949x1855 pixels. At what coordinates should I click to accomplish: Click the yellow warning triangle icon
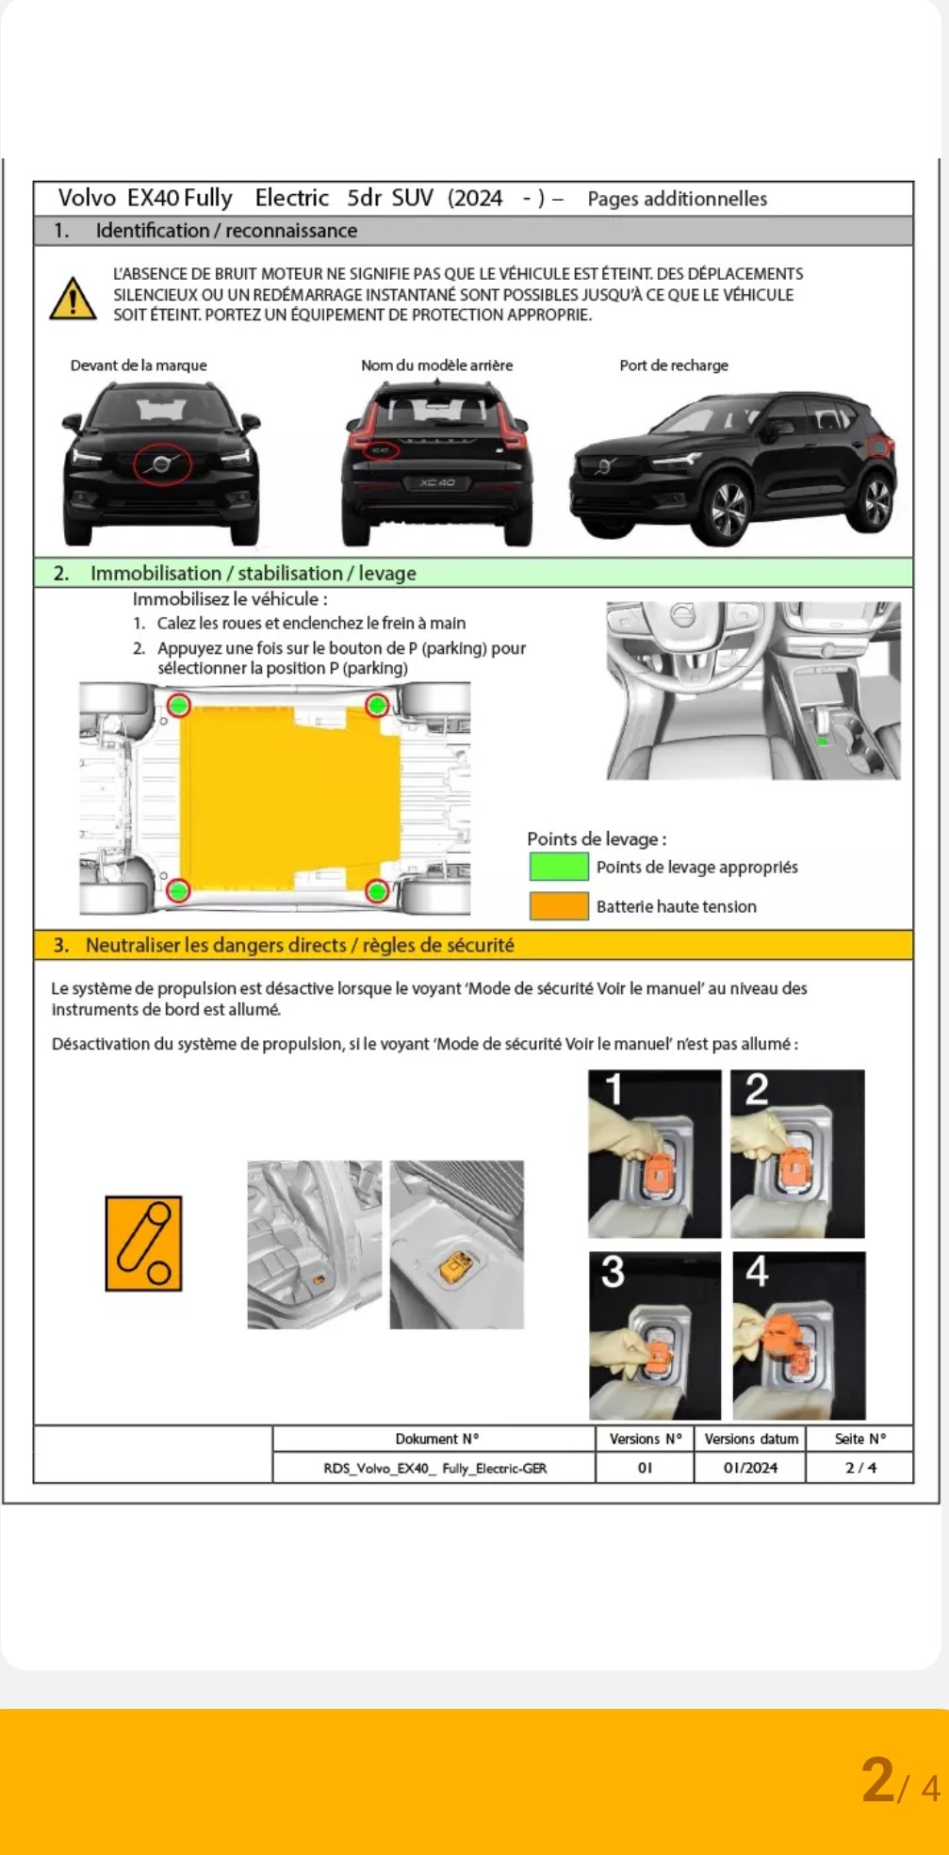(x=73, y=299)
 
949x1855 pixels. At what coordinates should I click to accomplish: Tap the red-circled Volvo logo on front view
(x=162, y=464)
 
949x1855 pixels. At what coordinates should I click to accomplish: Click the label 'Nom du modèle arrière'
(x=437, y=366)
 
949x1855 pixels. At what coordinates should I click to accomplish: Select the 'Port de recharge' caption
(x=674, y=366)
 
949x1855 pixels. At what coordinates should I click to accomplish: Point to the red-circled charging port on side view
(x=879, y=447)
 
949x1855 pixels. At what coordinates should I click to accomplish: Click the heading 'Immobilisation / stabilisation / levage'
(x=254, y=573)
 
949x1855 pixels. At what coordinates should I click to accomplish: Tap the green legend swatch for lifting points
(x=559, y=867)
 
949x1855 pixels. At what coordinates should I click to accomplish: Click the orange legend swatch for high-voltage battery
(x=559, y=906)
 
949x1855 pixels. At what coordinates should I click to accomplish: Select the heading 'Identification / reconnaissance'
(x=226, y=231)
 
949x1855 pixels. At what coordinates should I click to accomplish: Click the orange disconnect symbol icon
(x=143, y=1244)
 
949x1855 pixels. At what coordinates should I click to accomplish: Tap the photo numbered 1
(x=655, y=1154)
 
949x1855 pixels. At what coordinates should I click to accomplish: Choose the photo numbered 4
(x=799, y=1336)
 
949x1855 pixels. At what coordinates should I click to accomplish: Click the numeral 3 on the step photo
(x=613, y=1273)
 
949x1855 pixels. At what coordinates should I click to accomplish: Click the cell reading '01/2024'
(x=750, y=1468)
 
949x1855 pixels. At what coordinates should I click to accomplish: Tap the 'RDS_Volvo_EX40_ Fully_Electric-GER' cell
(x=435, y=1468)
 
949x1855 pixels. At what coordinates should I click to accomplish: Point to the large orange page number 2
(x=878, y=1780)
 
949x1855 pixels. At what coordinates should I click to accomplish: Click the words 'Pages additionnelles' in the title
(x=678, y=199)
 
